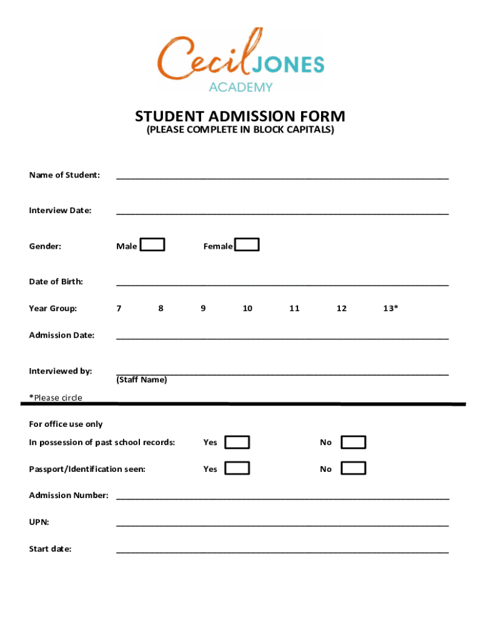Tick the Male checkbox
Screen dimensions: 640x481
click(x=152, y=244)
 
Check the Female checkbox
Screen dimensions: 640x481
click(x=247, y=244)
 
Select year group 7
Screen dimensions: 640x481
click(x=119, y=308)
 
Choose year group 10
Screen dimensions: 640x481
click(x=247, y=308)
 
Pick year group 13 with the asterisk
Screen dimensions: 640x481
click(x=390, y=308)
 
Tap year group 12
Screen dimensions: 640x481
click(x=342, y=308)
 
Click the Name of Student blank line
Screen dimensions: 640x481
click(x=282, y=176)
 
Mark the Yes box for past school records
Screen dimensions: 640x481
click(x=237, y=442)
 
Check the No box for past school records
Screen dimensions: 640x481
click(x=354, y=442)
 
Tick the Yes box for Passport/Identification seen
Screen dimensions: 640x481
click(x=237, y=468)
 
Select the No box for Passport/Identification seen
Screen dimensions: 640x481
click(x=354, y=468)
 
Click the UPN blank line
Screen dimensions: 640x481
click(x=282, y=523)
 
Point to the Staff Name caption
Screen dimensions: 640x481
click(x=142, y=380)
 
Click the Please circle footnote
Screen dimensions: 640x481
click(x=56, y=397)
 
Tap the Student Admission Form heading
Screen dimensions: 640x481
click(x=240, y=116)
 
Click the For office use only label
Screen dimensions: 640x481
click(x=66, y=424)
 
